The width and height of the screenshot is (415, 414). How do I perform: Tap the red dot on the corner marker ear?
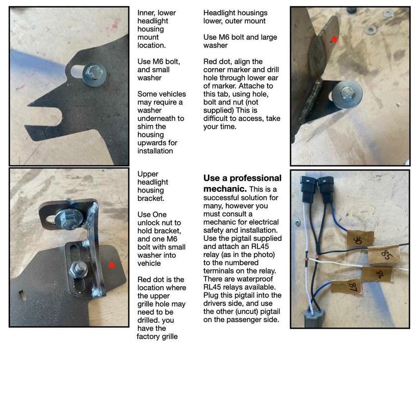[x=334, y=39]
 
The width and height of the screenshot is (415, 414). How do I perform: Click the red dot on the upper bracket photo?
[x=112, y=265]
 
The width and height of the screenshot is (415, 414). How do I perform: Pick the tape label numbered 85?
[x=385, y=255]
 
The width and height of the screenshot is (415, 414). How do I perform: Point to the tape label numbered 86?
[x=377, y=273]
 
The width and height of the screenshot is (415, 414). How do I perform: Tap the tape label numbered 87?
[x=346, y=286]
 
